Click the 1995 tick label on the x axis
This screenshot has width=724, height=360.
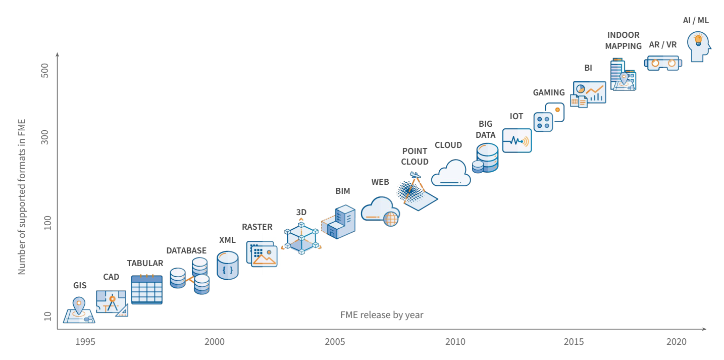[x=85, y=342]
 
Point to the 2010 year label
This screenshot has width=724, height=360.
[x=455, y=342]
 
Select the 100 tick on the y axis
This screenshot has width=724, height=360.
[x=47, y=223]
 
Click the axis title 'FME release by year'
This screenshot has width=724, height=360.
[x=382, y=315]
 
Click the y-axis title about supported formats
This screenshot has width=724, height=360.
[x=22, y=197]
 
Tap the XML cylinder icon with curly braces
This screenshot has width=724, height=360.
[x=227, y=265]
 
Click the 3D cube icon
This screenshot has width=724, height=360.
[x=301, y=238]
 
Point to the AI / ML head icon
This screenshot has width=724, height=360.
[x=699, y=46]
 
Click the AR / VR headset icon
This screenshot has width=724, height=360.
[x=663, y=63]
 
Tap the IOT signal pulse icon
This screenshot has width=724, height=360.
[x=516, y=140]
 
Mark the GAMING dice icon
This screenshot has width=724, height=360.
[x=548, y=118]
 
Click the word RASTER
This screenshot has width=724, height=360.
[x=257, y=227]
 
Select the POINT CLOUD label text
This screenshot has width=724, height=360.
[x=415, y=157]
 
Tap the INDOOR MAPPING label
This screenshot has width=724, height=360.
[x=624, y=40]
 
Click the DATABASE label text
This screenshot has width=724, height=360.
[x=186, y=250]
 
